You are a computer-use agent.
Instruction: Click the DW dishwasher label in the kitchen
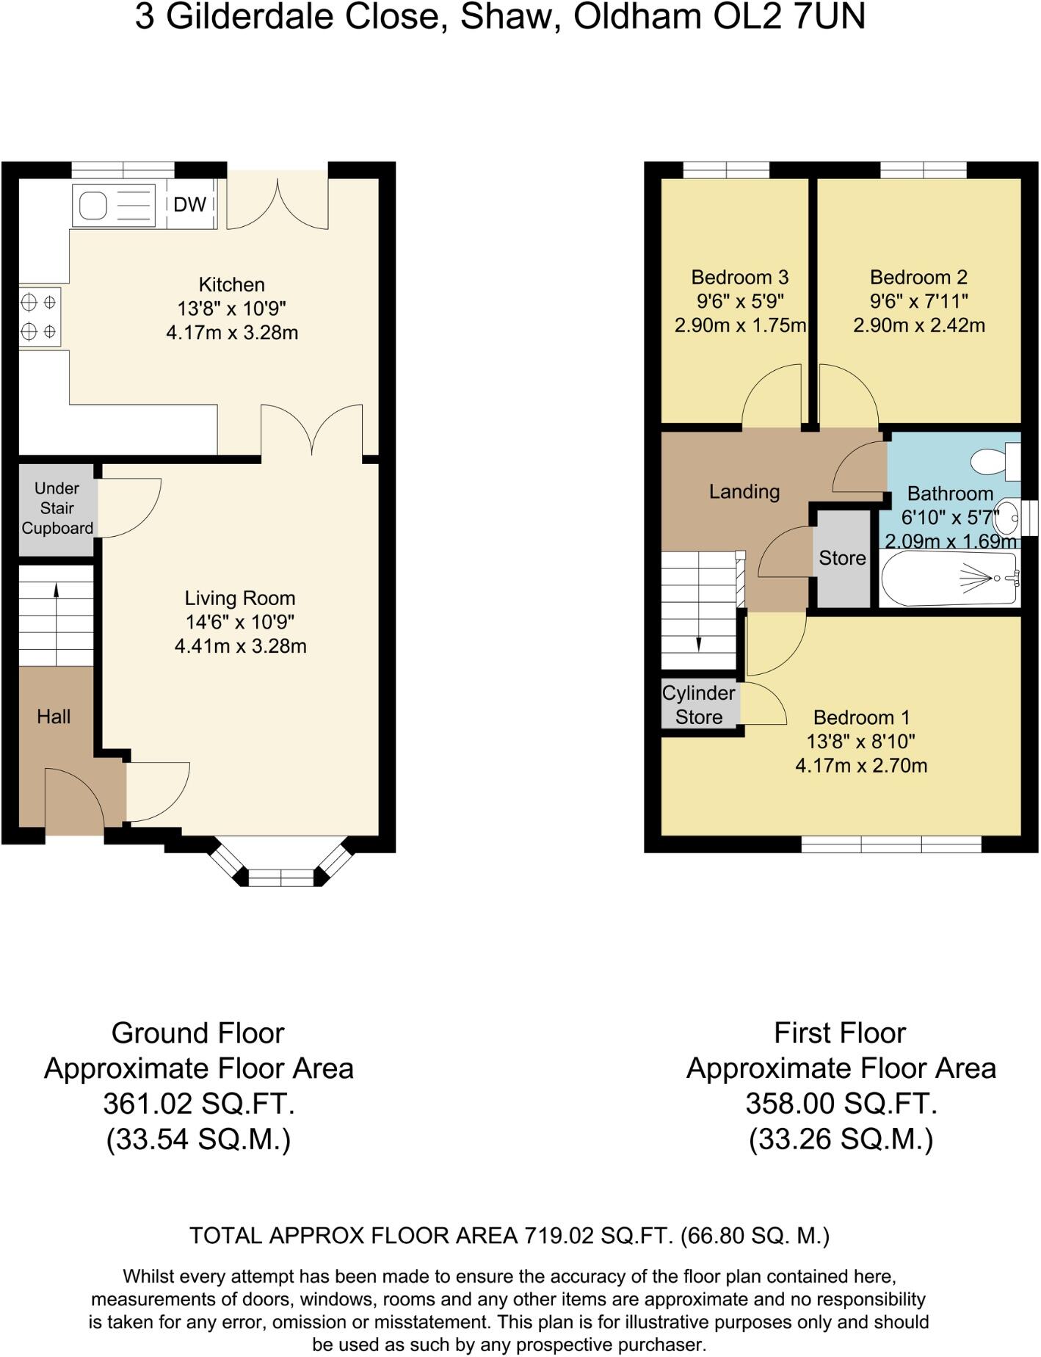189,204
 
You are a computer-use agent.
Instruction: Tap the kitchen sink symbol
113,205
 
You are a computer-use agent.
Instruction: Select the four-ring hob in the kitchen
39,316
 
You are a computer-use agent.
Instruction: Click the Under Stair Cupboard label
57,508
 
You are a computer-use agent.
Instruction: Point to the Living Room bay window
280,875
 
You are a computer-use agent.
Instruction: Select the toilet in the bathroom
995,461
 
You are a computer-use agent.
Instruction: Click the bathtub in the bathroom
949,579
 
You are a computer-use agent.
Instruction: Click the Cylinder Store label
698,705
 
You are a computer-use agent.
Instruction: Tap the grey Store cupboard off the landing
842,558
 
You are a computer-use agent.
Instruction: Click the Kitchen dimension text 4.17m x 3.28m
232,333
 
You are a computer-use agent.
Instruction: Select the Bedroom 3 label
739,278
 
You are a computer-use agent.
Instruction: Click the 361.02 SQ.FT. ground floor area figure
198,1104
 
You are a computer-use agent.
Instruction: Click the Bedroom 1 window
891,844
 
